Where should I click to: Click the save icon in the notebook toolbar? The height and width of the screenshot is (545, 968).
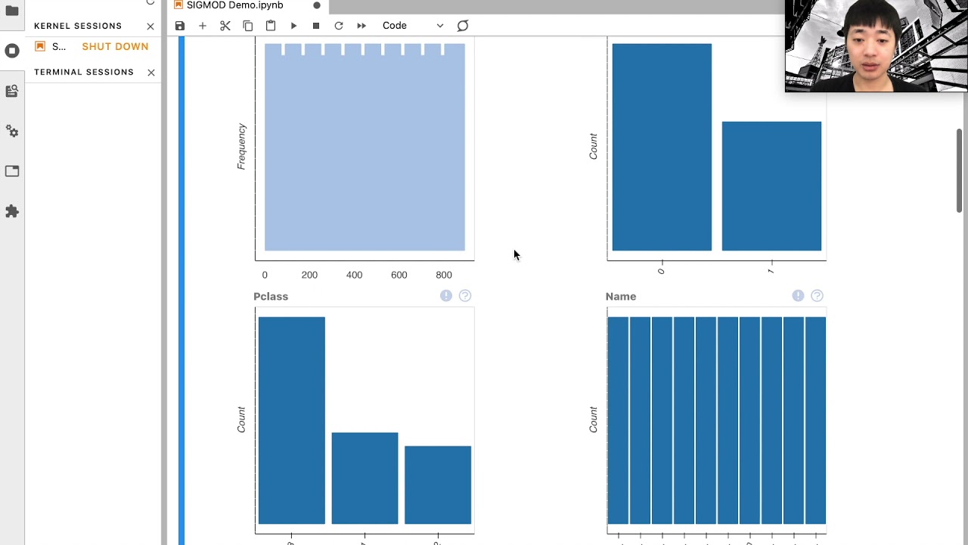point(180,26)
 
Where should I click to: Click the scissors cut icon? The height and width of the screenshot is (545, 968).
point(225,26)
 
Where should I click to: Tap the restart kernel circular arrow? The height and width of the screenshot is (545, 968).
point(339,26)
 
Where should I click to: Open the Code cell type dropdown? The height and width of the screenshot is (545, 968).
point(412,26)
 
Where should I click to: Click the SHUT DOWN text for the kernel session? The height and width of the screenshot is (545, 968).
point(115,46)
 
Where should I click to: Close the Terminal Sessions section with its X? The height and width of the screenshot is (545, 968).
point(151,73)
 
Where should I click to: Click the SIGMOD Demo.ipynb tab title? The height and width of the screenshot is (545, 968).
point(234,5)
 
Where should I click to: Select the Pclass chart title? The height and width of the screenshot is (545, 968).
point(271,297)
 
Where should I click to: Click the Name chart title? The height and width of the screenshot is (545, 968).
point(621,297)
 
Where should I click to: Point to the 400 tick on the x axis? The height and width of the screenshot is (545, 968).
point(354,276)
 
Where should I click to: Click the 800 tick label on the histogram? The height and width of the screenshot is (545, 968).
point(444,276)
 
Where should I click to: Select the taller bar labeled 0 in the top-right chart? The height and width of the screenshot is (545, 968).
point(662,147)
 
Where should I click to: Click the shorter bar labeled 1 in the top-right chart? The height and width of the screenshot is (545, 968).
point(771,186)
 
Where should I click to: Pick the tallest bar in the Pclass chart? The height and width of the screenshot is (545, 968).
point(291,420)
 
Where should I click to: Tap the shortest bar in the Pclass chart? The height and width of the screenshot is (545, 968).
point(438,484)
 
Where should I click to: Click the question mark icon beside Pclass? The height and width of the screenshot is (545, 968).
point(465,296)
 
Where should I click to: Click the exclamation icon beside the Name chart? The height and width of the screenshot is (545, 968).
point(798,296)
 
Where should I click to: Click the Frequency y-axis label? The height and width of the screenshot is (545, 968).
point(242,147)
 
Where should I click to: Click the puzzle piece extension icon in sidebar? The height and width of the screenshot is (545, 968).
point(12,211)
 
